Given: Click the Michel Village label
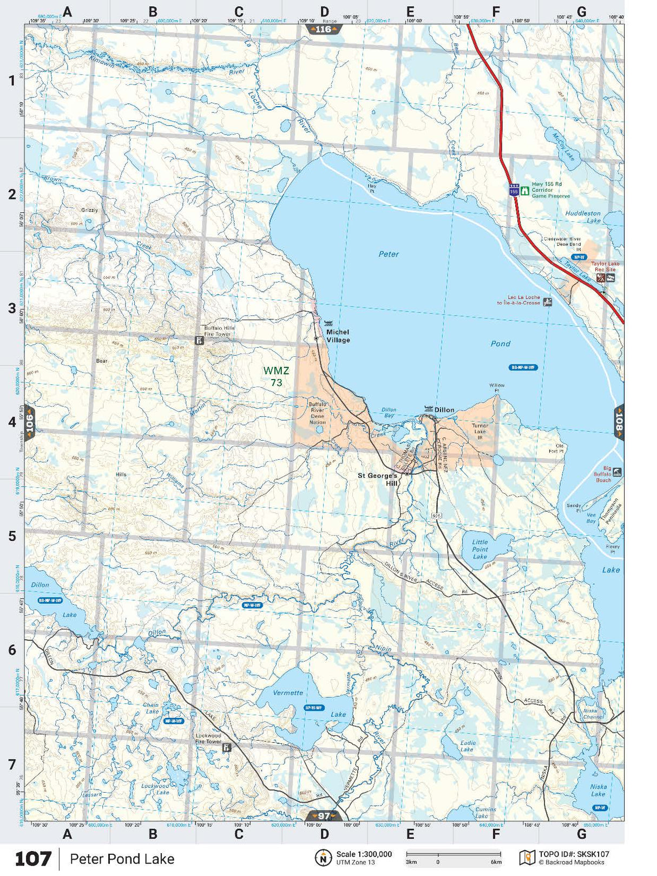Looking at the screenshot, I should [338, 336].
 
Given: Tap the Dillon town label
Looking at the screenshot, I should [444, 410].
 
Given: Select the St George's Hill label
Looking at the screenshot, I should [378, 479].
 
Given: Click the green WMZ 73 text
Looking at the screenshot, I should [276, 376].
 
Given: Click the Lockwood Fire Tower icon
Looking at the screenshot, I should [227, 748].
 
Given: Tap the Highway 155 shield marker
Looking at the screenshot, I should [514, 191].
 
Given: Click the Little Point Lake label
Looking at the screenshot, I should [479, 549].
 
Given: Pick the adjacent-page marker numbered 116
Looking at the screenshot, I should [323, 29].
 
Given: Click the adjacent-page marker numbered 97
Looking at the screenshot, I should [324, 816].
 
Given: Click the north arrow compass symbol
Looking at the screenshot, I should [323, 858].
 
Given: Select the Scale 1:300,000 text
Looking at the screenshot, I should [364, 854].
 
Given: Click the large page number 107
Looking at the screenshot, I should [33, 859].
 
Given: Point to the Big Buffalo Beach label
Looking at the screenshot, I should [603, 474].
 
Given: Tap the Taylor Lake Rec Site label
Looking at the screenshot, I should [605, 266].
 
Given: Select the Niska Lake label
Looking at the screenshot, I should [598, 790].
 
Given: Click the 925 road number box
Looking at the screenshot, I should [437, 516].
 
